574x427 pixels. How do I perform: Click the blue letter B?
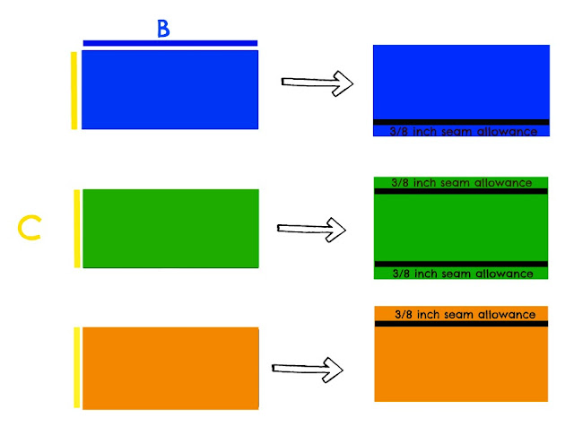click(x=163, y=28)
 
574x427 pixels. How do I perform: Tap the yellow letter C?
click(x=30, y=228)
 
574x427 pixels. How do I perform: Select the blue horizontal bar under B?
click(x=170, y=42)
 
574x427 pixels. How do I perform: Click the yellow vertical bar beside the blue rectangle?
click(x=74, y=90)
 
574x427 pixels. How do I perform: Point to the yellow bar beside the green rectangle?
click(x=77, y=228)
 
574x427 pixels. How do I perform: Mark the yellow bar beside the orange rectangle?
click(x=77, y=367)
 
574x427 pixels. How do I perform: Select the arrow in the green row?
click(x=311, y=229)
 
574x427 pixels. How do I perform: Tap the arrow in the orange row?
click(x=308, y=368)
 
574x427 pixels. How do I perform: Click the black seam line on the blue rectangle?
click(x=461, y=122)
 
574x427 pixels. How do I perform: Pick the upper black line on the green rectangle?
click(x=460, y=191)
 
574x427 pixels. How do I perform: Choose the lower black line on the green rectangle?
click(x=460, y=264)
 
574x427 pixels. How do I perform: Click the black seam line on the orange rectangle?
click(x=461, y=323)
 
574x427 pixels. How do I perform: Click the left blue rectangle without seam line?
click(x=170, y=89)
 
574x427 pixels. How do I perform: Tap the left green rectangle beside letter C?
click(x=170, y=228)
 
